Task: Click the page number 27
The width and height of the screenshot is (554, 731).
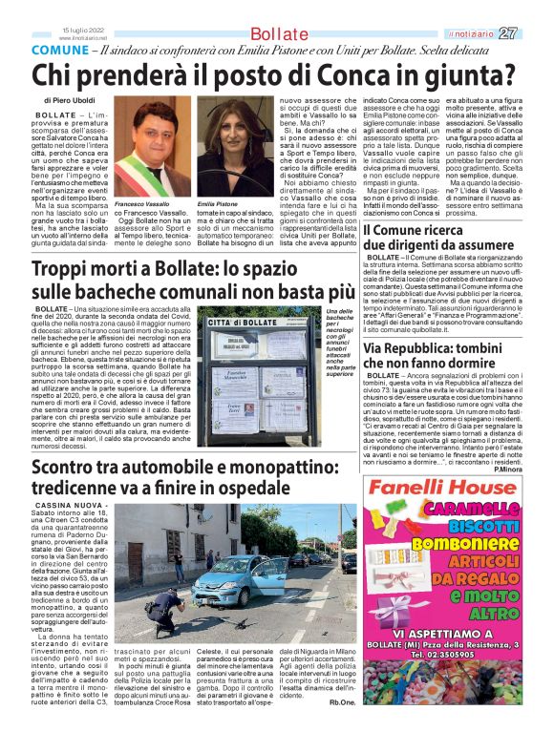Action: [x=534, y=33]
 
